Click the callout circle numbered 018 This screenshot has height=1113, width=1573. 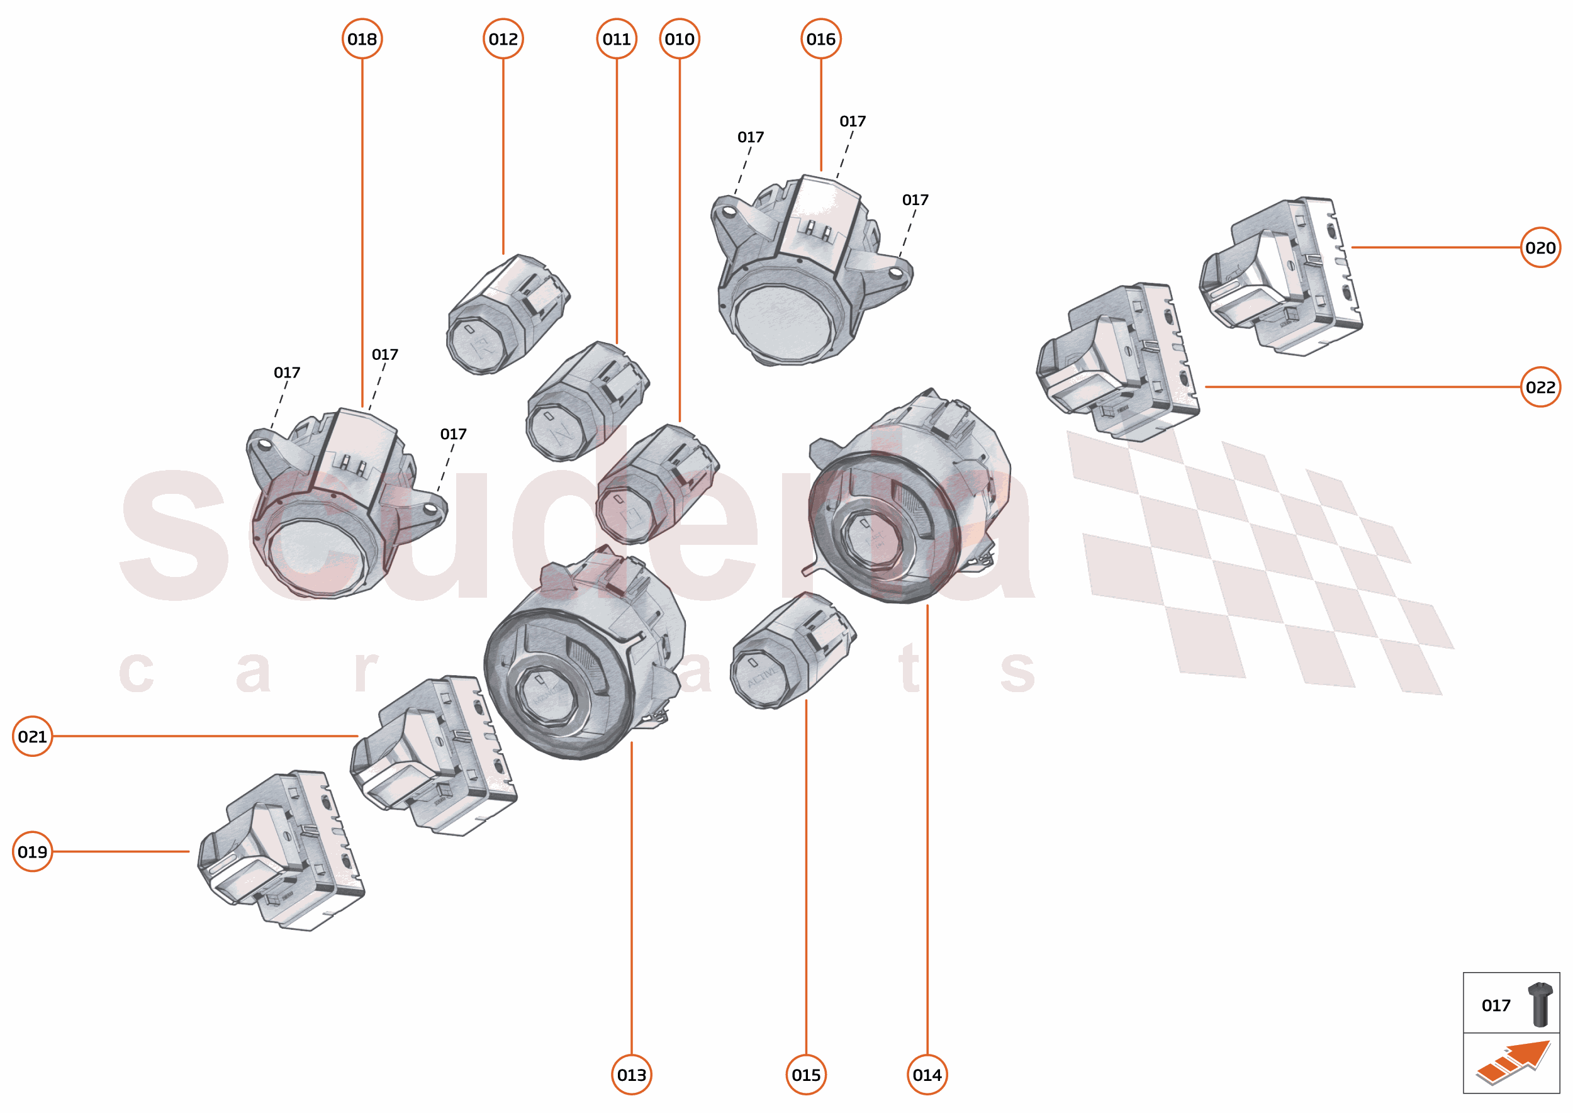coord(362,39)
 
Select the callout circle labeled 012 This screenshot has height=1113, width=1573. coord(503,39)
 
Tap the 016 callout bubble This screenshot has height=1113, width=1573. coord(820,39)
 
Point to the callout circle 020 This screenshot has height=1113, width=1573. coord(1540,247)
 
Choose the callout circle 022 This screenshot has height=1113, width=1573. coord(1540,387)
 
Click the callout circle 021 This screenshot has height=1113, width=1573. coord(32,736)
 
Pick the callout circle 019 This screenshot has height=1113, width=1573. coord(32,852)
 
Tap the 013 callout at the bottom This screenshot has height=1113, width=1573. coord(631,1075)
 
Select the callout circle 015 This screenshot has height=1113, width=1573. coord(805,1075)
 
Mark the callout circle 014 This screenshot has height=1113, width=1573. coord(927,1075)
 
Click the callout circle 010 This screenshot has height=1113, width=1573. coord(680,39)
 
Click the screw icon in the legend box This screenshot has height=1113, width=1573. coord(1540,1004)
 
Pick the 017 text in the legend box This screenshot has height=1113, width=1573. coord(1496,1005)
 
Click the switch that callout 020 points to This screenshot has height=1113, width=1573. coord(1282,277)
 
